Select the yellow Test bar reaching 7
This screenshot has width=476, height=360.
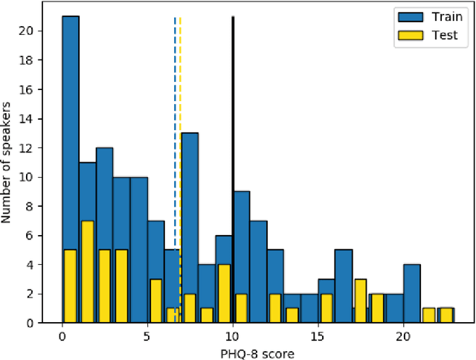pyautogui.click(x=87, y=271)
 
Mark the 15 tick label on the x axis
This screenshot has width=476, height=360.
pyautogui.click(x=318, y=336)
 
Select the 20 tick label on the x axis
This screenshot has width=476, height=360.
pyautogui.click(x=403, y=336)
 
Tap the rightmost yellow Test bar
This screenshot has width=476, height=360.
pyautogui.click(x=446, y=315)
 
